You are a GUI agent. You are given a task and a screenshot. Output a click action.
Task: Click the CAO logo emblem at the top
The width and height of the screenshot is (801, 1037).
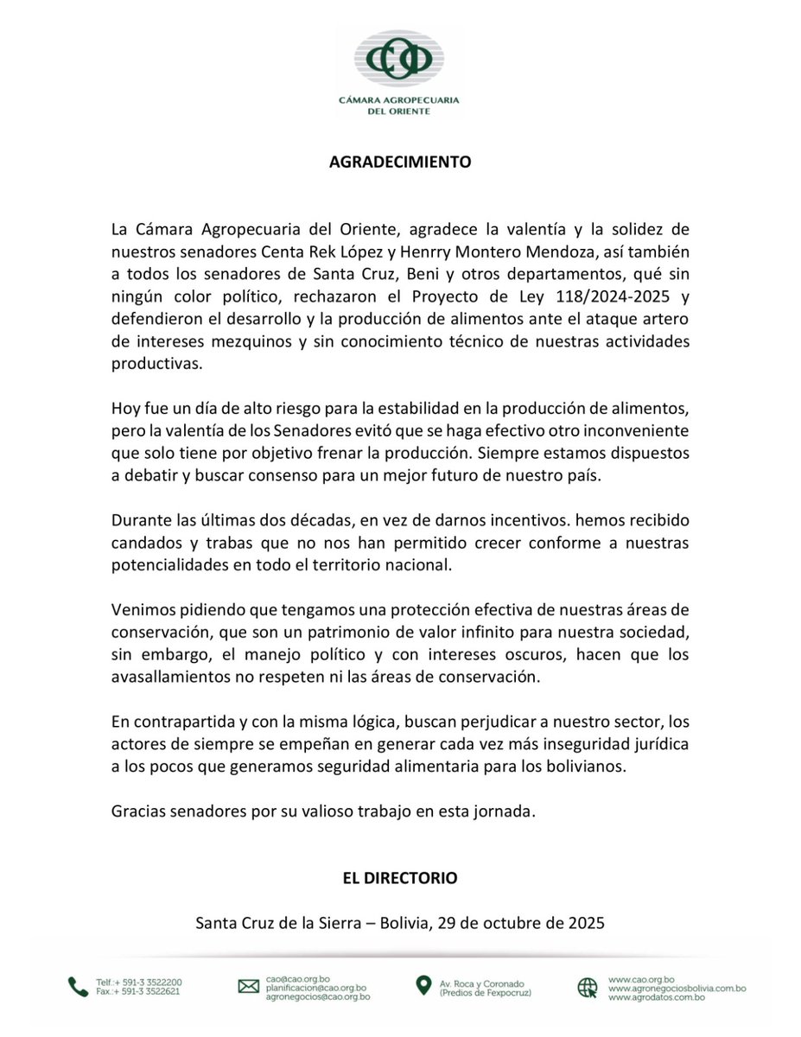(x=399, y=59)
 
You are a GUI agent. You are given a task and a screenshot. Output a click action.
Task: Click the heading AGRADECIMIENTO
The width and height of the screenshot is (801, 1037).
(x=400, y=162)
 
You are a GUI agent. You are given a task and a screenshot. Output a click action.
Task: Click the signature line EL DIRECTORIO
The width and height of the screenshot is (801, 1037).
(x=400, y=878)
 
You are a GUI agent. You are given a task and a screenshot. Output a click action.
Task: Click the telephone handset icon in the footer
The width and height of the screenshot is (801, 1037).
(x=79, y=987)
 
